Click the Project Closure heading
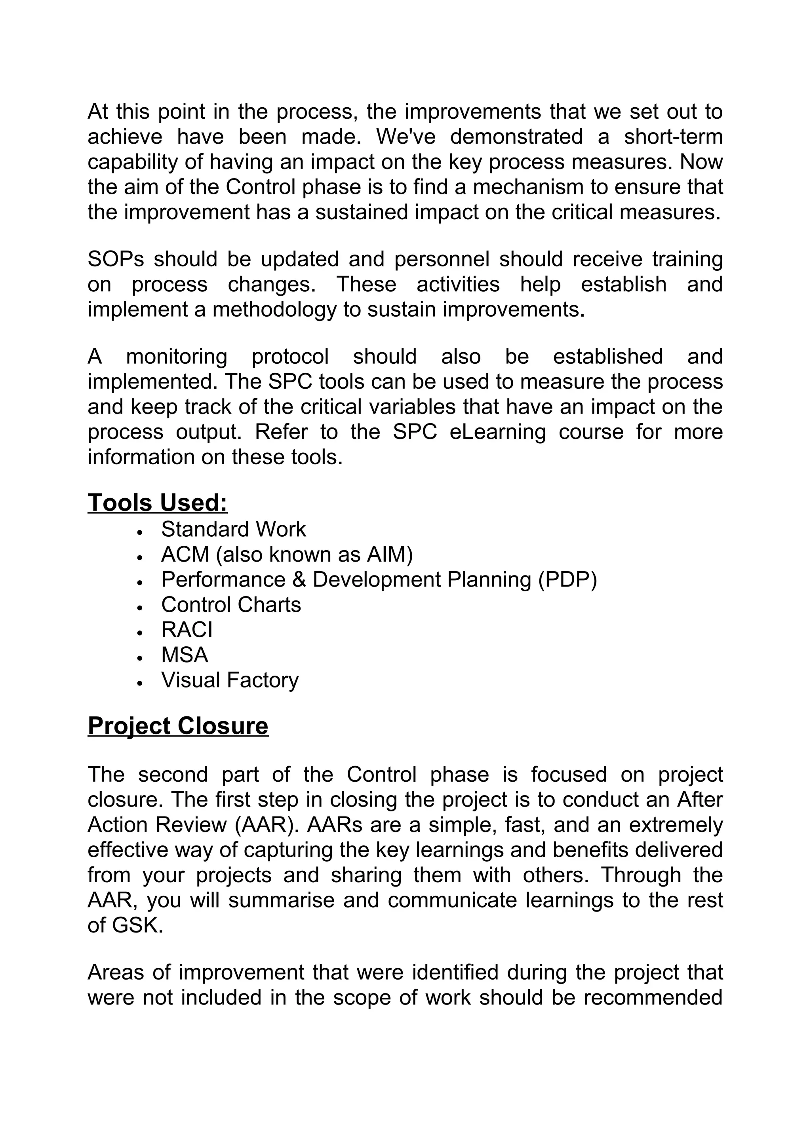(x=178, y=726)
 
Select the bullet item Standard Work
(x=233, y=530)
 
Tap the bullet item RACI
(x=187, y=630)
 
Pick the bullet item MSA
(x=185, y=655)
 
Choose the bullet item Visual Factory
(x=230, y=680)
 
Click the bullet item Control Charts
(x=231, y=605)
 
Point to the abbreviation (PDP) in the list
(x=567, y=579)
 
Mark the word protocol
(x=290, y=357)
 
